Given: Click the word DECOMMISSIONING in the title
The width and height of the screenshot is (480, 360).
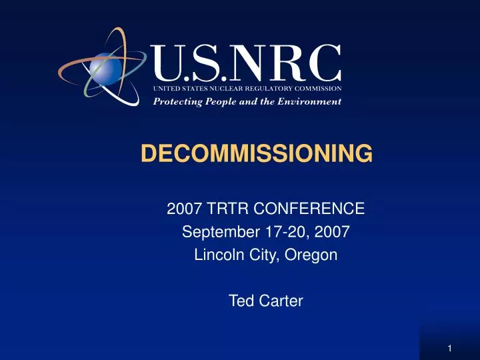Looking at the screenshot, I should pyautogui.click(x=257, y=154).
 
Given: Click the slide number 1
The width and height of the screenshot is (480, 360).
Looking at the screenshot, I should pyautogui.click(x=451, y=347).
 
